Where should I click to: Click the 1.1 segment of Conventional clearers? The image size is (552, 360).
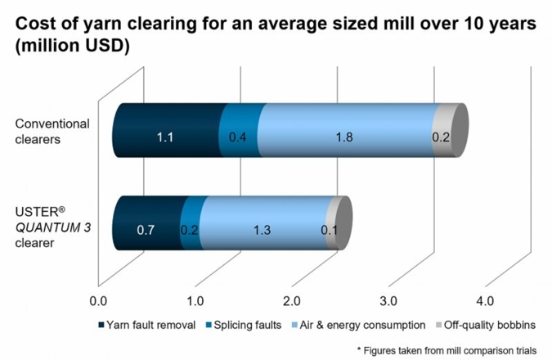pyautogui.click(x=166, y=137)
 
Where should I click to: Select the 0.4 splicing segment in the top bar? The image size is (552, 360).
pyautogui.click(x=239, y=137)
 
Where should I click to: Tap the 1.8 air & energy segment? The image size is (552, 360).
pyautogui.click(x=344, y=137)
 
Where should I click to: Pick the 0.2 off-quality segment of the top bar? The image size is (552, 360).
pyautogui.click(x=441, y=137)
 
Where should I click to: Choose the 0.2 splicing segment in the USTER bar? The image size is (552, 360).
pyautogui.click(x=190, y=229)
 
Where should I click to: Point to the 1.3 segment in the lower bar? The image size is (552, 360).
pyautogui.click(x=263, y=229)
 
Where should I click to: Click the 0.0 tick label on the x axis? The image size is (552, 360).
pyautogui.click(x=99, y=298)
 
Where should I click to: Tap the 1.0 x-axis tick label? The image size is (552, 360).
pyautogui.click(x=195, y=298)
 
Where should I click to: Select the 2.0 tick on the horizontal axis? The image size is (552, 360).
pyautogui.click(x=292, y=298)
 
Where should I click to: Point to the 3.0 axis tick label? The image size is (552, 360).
pyautogui.click(x=388, y=298)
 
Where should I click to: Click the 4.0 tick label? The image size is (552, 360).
pyautogui.click(x=485, y=298)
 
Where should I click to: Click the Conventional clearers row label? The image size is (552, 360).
pyautogui.click(x=52, y=131)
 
